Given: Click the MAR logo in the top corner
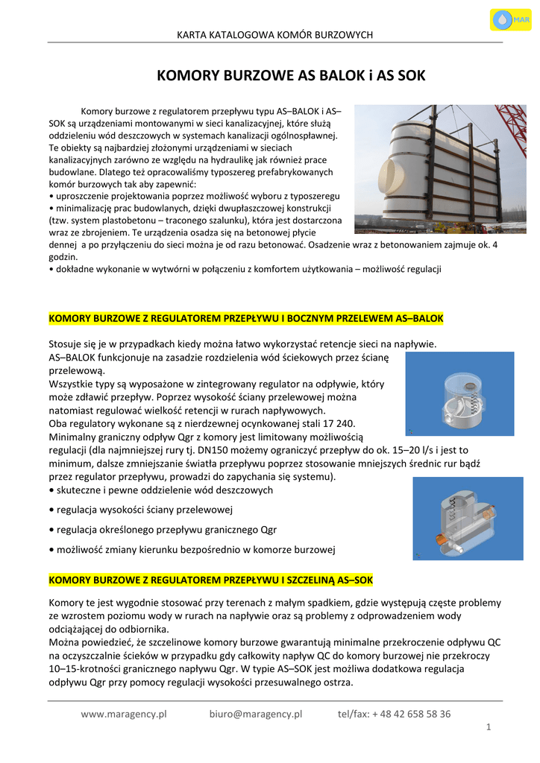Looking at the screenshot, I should (510, 19).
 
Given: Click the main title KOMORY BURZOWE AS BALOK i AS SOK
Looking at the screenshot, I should (291, 76).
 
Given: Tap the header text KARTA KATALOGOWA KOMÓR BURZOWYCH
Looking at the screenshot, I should (274, 35).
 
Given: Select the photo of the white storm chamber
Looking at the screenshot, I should (429, 169).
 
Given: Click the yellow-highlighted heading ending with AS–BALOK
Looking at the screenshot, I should (246, 318).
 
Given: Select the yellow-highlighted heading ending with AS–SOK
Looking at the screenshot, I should (211, 579).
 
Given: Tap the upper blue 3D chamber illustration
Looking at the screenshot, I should (459, 393).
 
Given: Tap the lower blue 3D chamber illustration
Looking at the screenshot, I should (468, 518).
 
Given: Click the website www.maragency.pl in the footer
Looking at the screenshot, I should (124, 714).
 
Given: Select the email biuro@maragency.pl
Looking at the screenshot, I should (256, 714).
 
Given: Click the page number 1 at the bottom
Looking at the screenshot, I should (489, 726).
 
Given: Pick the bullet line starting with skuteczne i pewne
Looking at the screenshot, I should (161, 490).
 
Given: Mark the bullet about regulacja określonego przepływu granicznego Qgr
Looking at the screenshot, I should (163, 530).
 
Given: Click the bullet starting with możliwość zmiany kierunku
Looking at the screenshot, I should (192, 550).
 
